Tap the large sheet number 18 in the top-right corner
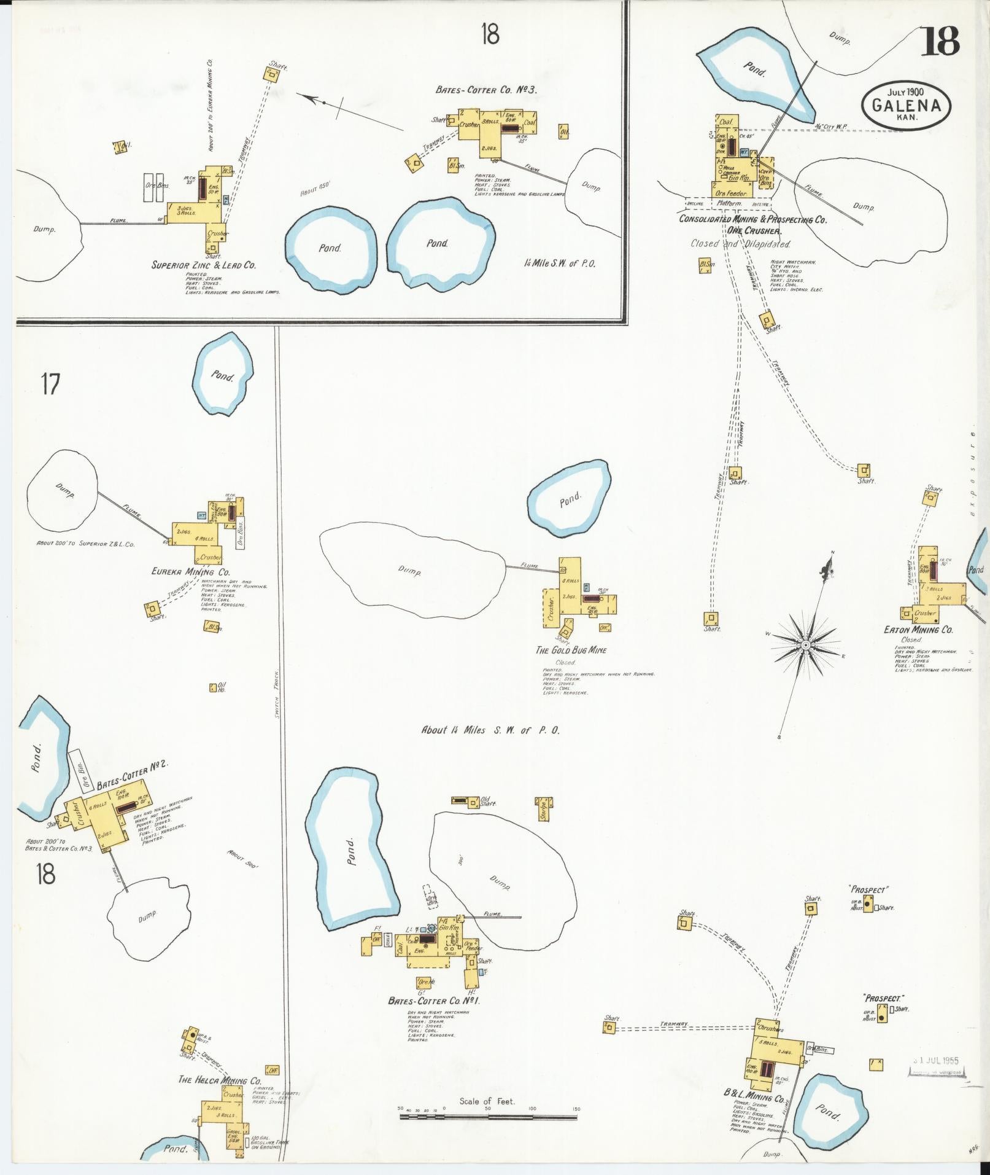coord(939,41)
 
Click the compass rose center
coord(805,644)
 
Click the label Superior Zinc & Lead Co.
coord(204,265)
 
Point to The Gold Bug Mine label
coord(571,650)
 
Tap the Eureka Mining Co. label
coord(190,572)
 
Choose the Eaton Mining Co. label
coord(918,630)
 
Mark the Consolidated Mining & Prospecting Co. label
coord(752,219)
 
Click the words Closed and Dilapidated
coord(740,244)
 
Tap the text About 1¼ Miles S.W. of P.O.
coord(490,730)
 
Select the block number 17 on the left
coord(50,385)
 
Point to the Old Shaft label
coord(489,801)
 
